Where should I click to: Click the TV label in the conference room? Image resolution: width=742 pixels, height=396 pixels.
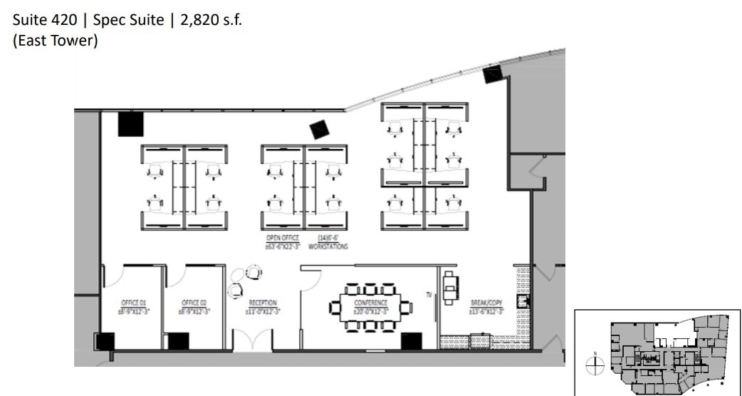pos(429,293)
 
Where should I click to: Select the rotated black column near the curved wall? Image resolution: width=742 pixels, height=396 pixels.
pos(319,130)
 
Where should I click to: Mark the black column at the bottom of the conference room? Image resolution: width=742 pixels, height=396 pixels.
pos(412,341)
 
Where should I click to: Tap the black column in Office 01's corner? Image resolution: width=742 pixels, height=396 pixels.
pos(105,341)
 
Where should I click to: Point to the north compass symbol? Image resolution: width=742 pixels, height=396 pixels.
pos(595,366)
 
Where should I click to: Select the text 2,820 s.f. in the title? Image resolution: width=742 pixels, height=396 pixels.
pos(211,21)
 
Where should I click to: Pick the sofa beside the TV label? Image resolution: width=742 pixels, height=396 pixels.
pos(450,286)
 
